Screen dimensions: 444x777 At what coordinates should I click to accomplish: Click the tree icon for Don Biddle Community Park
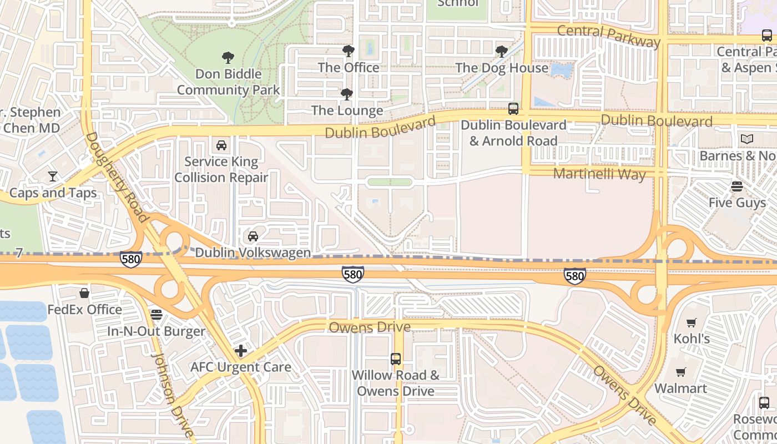coord(228,57)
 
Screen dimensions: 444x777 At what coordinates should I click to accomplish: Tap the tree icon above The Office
coord(348,51)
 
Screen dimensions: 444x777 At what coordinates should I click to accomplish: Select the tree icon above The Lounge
coord(347,94)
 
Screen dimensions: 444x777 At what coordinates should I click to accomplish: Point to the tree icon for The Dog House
coord(501,52)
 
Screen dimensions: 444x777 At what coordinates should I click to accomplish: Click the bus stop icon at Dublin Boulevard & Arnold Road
coord(513,109)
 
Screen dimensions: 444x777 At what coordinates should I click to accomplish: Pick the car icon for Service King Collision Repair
coord(221,145)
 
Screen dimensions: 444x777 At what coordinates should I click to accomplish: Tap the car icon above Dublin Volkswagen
coord(253,236)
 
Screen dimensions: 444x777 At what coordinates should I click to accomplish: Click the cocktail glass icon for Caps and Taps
coord(53,176)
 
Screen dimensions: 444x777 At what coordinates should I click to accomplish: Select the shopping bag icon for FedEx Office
coord(84,293)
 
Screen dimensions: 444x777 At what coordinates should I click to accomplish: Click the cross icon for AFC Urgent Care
coord(241,351)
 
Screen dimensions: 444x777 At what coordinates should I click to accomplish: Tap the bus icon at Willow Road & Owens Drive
coord(396,359)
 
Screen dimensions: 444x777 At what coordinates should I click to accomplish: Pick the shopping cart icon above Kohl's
coord(692,322)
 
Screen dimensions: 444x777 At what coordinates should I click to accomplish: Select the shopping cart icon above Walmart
coord(681,372)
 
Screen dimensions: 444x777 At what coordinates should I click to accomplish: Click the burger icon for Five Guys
coord(737,186)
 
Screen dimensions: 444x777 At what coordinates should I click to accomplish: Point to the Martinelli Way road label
coord(599,174)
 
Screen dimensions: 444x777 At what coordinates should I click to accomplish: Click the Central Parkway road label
coord(608,36)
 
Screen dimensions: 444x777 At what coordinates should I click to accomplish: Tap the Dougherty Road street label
coord(117,178)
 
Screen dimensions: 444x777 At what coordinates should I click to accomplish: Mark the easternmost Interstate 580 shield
coord(574,276)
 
